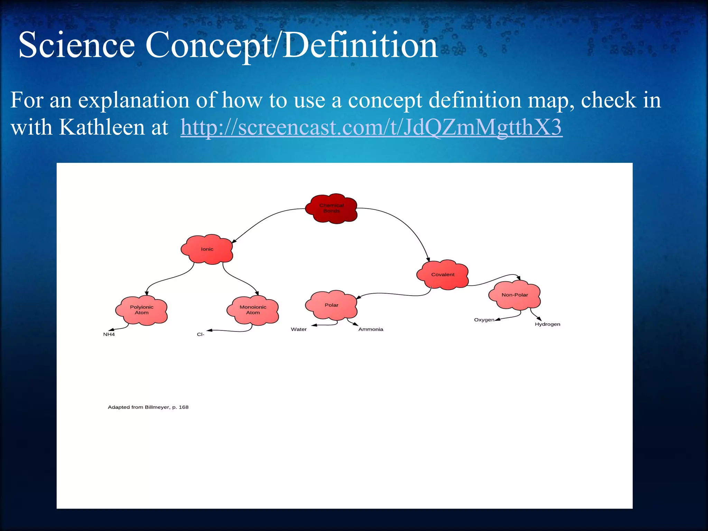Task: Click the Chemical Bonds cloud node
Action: (331, 208)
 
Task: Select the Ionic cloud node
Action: (207, 249)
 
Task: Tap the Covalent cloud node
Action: (442, 274)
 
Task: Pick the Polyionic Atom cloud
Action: (141, 310)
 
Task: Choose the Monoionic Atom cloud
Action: (253, 310)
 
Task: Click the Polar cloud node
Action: (331, 305)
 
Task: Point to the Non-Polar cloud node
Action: (514, 295)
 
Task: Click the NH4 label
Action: (109, 335)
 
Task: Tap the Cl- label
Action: (201, 335)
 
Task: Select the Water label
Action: (299, 329)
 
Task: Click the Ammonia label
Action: (371, 329)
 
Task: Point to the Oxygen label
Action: (484, 320)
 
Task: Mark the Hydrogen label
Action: (547, 324)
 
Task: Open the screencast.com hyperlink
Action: (371, 127)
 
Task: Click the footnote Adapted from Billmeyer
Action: (148, 407)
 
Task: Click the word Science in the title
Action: (76, 45)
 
